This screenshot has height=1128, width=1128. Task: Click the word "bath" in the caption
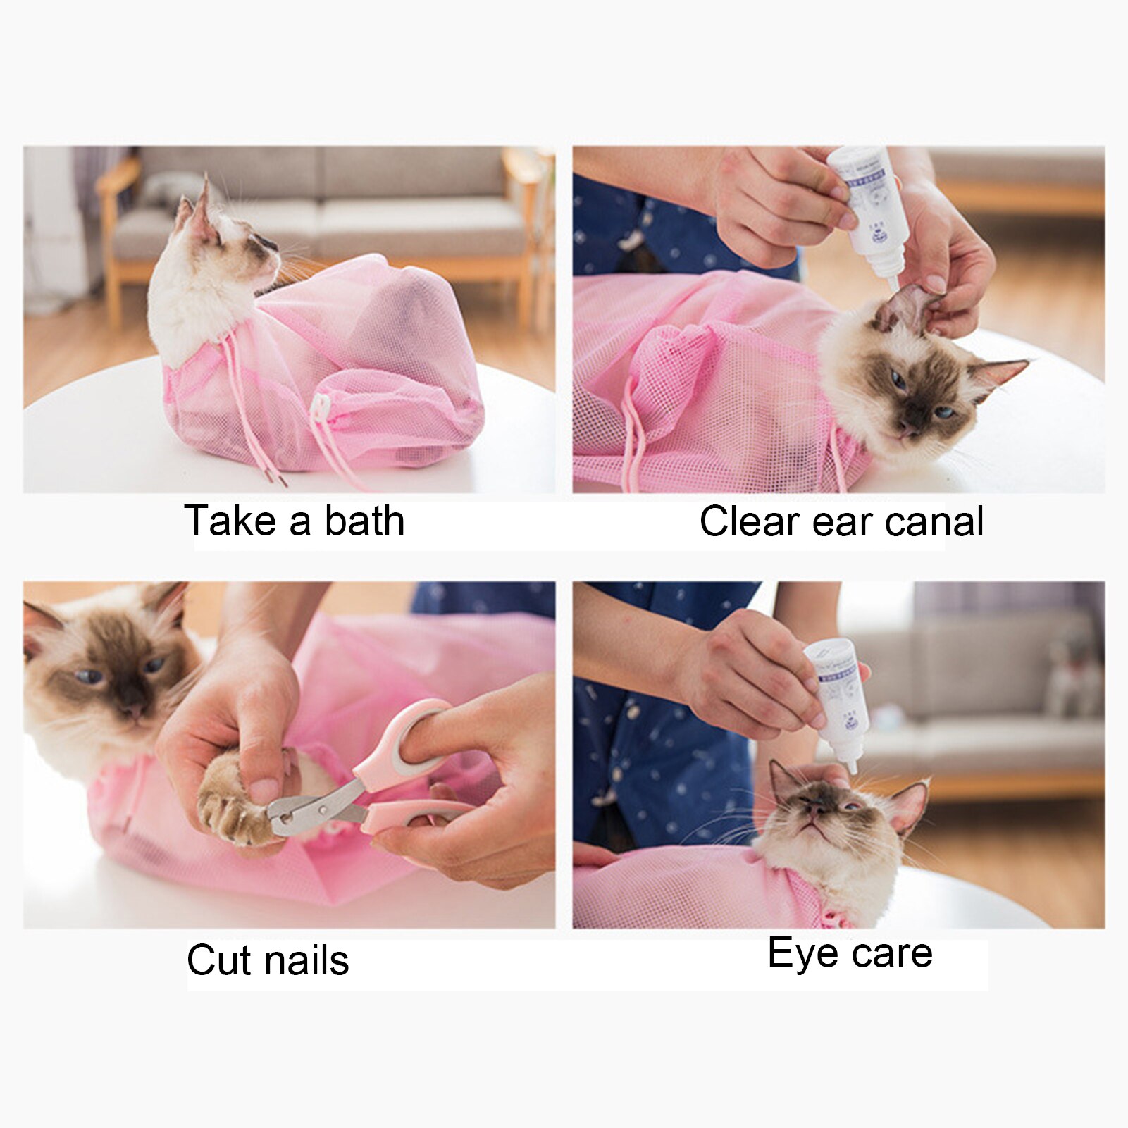coord(364,521)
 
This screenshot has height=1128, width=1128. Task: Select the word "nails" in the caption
coord(309,960)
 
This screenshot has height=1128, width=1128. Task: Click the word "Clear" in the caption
coord(750,522)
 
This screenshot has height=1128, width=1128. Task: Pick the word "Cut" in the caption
coord(219,960)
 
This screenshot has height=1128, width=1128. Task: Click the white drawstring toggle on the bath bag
coord(321,407)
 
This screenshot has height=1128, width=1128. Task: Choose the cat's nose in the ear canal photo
coord(909,426)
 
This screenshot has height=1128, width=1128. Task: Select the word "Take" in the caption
coord(230,521)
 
